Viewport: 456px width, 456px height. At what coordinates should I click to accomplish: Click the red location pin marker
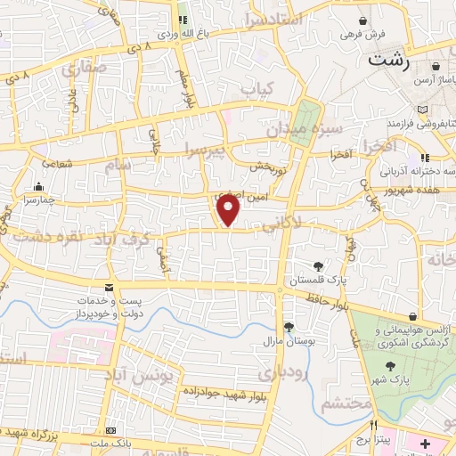[x=229, y=210]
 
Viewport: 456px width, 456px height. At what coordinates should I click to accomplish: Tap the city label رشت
[x=391, y=61]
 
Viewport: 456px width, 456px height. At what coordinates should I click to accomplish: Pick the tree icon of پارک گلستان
[x=320, y=265]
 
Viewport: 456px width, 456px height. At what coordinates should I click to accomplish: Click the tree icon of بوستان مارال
[x=288, y=327]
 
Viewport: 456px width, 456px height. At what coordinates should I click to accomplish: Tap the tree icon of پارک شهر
[x=389, y=366]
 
